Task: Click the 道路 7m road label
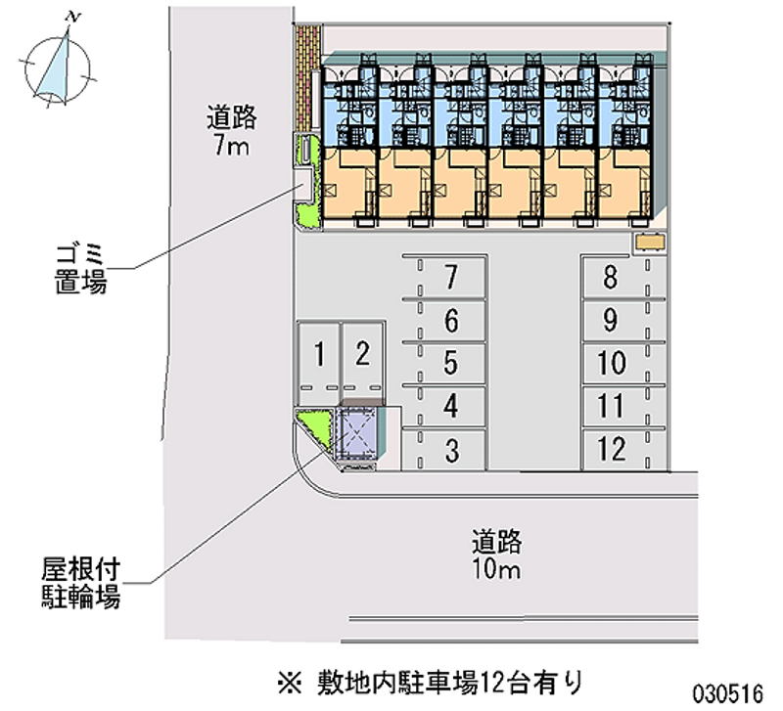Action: tap(231, 131)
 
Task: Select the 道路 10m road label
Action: tap(496, 555)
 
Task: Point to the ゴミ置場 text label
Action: tap(80, 268)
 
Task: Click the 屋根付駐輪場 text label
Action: tap(80, 583)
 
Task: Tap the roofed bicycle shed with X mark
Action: tap(356, 434)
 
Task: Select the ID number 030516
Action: tap(727, 694)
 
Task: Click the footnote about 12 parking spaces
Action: tap(431, 683)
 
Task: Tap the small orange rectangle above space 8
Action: tap(650, 243)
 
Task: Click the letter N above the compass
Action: tap(72, 18)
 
